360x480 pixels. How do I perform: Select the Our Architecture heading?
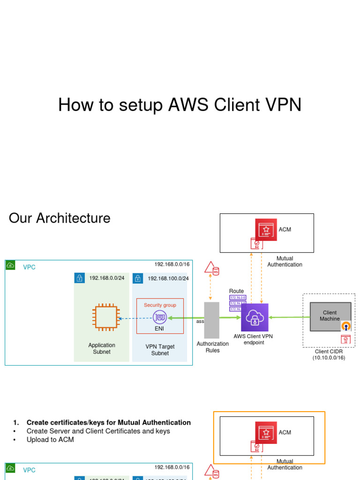coord(60,218)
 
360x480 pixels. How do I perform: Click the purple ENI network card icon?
coord(160,317)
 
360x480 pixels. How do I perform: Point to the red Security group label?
coord(160,305)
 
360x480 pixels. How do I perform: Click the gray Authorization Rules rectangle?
coord(212,320)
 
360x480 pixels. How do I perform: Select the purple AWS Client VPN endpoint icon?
coord(255,317)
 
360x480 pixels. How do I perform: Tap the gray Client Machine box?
coord(330,316)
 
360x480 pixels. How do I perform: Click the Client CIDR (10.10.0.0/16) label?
coord(329,354)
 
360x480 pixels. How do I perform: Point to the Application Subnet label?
coord(102,348)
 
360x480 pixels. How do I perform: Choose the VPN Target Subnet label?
coord(160,350)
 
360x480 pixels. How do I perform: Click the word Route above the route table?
coord(236,291)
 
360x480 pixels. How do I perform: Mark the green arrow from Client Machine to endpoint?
coord(289,317)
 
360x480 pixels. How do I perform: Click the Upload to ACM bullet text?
coord(50,440)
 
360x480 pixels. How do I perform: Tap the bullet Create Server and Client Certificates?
coord(98,431)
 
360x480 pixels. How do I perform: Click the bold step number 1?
coord(16,423)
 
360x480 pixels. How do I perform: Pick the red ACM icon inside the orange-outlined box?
coord(266,432)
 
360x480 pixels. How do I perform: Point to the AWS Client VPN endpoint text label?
coord(253,339)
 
